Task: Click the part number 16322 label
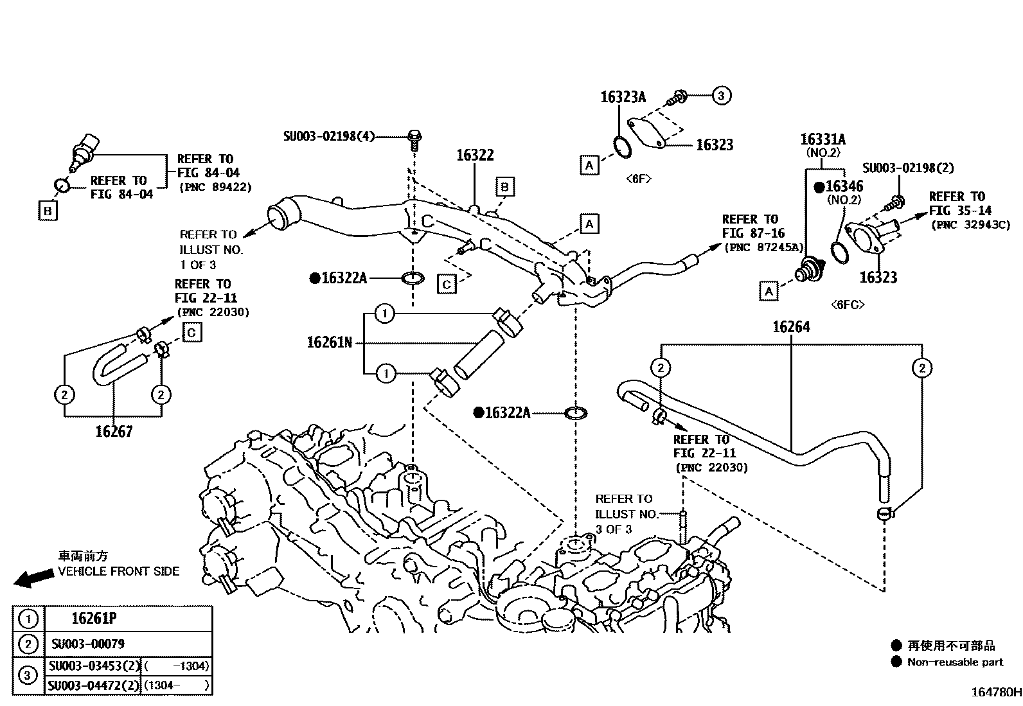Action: click(x=475, y=155)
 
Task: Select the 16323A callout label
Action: click(x=623, y=97)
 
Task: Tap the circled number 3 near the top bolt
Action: click(x=721, y=96)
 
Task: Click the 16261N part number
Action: click(x=329, y=342)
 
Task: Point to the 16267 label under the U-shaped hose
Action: click(x=114, y=432)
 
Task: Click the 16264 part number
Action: click(x=791, y=327)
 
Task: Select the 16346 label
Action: click(x=844, y=186)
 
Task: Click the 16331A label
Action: click(x=823, y=139)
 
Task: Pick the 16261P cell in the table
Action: click(x=94, y=619)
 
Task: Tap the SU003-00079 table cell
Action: click(x=87, y=644)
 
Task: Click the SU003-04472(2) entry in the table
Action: click(x=94, y=685)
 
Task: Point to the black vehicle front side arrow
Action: click(x=33, y=578)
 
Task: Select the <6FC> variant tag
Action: click(x=848, y=304)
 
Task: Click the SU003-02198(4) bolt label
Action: click(x=329, y=136)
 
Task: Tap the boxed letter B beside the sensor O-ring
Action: click(x=48, y=211)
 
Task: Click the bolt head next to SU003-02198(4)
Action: click(x=414, y=136)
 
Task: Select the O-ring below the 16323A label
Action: click(x=622, y=146)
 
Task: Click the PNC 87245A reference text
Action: click(x=763, y=247)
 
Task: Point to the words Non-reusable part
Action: click(x=955, y=662)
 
